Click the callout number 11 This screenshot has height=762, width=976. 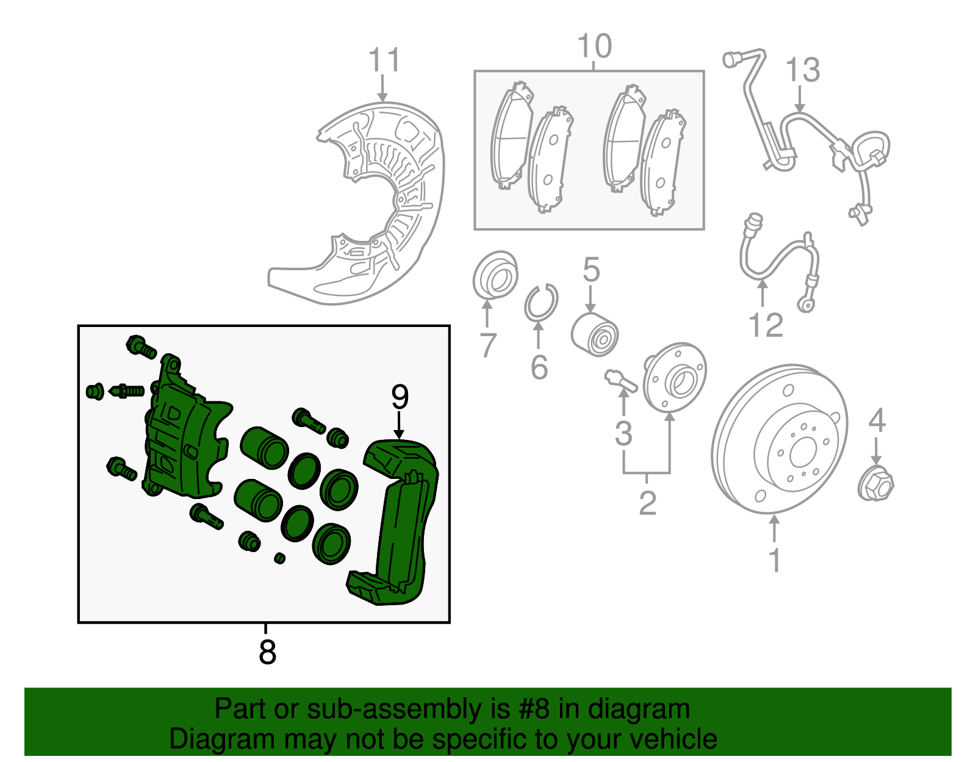[x=384, y=61]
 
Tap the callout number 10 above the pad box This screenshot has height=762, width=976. [x=594, y=47]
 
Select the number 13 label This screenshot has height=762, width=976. [x=802, y=70]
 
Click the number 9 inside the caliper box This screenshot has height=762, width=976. [x=400, y=397]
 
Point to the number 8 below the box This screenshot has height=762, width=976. [x=267, y=652]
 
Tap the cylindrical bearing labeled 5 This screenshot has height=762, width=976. [x=594, y=334]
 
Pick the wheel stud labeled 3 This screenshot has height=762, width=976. [x=620, y=381]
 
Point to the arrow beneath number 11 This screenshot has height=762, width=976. [x=382, y=89]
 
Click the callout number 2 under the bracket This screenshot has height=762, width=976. [x=647, y=503]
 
